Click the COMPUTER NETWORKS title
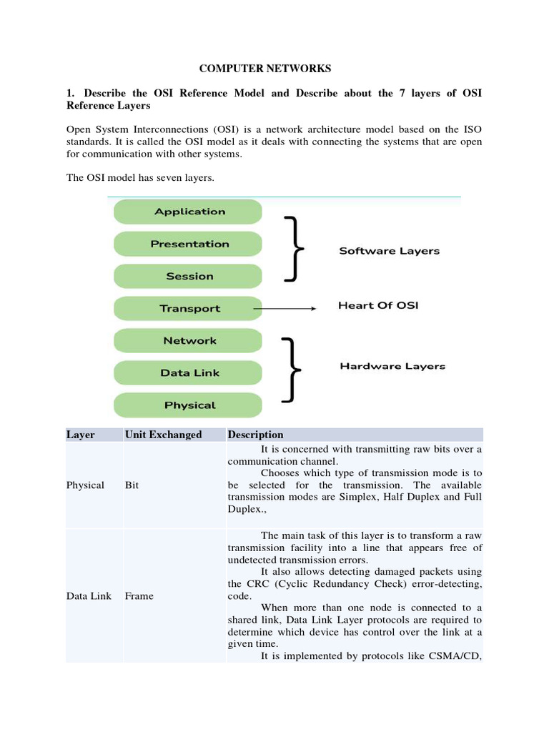tap(264, 69)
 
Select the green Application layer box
tap(189, 212)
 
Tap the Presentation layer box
tap(189, 244)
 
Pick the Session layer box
tap(189, 276)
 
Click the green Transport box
tap(189, 309)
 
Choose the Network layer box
tap(189, 341)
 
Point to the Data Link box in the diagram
tap(189, 373)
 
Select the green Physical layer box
tap(189, 405)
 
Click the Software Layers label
tap(389, 251)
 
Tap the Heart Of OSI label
tap(378, 306)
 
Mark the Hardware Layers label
tap(392, 366)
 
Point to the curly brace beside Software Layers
tap(293, 248)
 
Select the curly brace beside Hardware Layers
tap(292, 370)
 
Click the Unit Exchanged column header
tap(163, 435)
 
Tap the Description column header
tap(255, 435)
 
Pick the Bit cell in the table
tap(132, 485)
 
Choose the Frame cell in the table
tap(139, 595)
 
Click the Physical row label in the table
tap(85, 485)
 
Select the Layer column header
tap(80, 435)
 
